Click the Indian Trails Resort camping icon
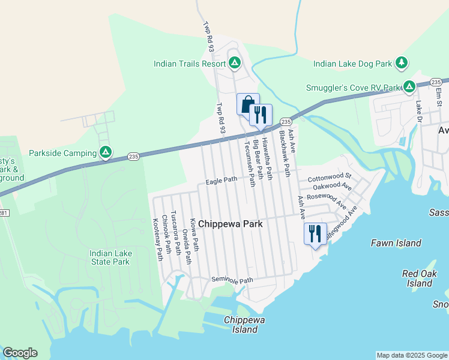[x=234, y=62]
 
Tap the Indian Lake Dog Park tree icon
[x=402, y=62]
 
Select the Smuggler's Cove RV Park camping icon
[x=409, y=87]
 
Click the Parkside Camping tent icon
[x=105, y=152]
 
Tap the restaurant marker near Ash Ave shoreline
[x=315, y=233]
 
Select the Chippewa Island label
[x=244, y=325]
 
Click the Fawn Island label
[x=396, y=243]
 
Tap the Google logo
[x=20, y=353]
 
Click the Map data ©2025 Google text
[x=411, y=355]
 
